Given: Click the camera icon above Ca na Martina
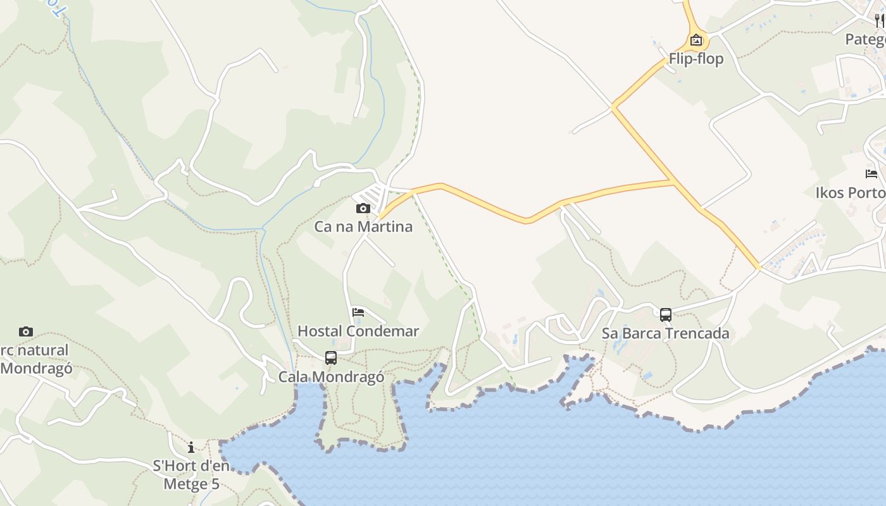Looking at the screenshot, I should click(x=363, y=208).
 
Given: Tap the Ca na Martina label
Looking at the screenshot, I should click(x=363, y=226).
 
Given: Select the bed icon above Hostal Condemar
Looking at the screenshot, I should click(x=358, y=312).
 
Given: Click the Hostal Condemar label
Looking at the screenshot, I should click(x=358, y=331).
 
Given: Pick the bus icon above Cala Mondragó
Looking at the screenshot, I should click(x=331, y=358).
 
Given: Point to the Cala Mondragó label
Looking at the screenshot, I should click(x=331, y=377).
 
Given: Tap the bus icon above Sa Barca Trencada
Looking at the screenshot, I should click(x=666, y=315).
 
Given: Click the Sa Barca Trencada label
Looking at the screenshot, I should click(x=665, y=333).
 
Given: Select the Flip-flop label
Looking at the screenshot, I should click(x=696, y=59).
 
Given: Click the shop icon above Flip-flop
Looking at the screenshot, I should click(x=696, y=40).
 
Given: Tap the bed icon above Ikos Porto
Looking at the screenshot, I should click(x=871, y=174).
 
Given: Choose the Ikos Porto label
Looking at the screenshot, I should click(x=851, y=192).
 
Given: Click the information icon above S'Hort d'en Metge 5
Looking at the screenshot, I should click(x=191, y=448).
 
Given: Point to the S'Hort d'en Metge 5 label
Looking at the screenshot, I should click(x=191, y=475).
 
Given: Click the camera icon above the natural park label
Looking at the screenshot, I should click(x=26, y=331).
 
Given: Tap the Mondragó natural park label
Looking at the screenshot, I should click(x=35, y=359).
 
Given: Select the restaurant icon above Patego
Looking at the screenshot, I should click(x=879, y=21).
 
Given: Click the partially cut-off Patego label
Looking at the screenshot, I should click(x=866, y=39).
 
